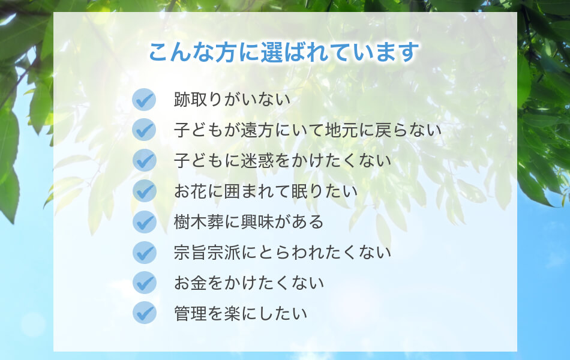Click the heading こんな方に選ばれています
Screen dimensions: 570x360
(284, 52)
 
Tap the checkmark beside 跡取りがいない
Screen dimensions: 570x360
(144, 100)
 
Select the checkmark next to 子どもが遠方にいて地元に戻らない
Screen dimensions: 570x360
(144, 130)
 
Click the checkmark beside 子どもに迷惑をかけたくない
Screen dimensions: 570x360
(144, 160)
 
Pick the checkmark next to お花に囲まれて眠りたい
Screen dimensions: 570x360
(144, 191)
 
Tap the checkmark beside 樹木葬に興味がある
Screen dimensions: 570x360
(144, 222)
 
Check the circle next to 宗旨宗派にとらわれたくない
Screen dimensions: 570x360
(144, 253)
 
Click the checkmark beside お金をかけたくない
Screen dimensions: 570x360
(144, 283)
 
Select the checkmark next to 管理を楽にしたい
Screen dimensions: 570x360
(144, 313)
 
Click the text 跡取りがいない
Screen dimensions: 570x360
(232, 100)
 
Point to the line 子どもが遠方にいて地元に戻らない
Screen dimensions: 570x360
(308, 130)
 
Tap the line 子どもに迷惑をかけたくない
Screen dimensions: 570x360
(283, 161)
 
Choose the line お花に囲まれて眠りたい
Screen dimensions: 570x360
(266, 191)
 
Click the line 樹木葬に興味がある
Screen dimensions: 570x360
(248, 222)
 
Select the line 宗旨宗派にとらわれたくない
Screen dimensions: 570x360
(283, 253)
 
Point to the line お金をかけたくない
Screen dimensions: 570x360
(248, 283)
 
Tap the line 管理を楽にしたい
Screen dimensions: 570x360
(240, 313)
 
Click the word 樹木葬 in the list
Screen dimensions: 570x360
(199, 222)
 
